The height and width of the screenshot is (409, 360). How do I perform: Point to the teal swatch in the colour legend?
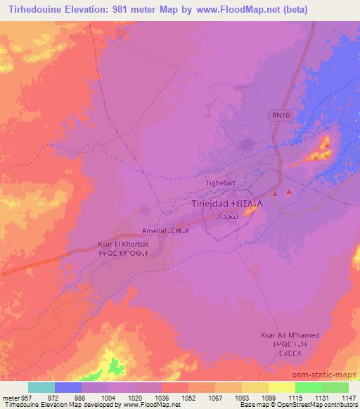(41, 387)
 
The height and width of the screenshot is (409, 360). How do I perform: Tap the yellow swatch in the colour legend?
(281, 387)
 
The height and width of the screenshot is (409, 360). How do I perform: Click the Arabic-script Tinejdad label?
(225, 216)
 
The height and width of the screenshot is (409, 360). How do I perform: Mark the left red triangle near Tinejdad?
(276, 194)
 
